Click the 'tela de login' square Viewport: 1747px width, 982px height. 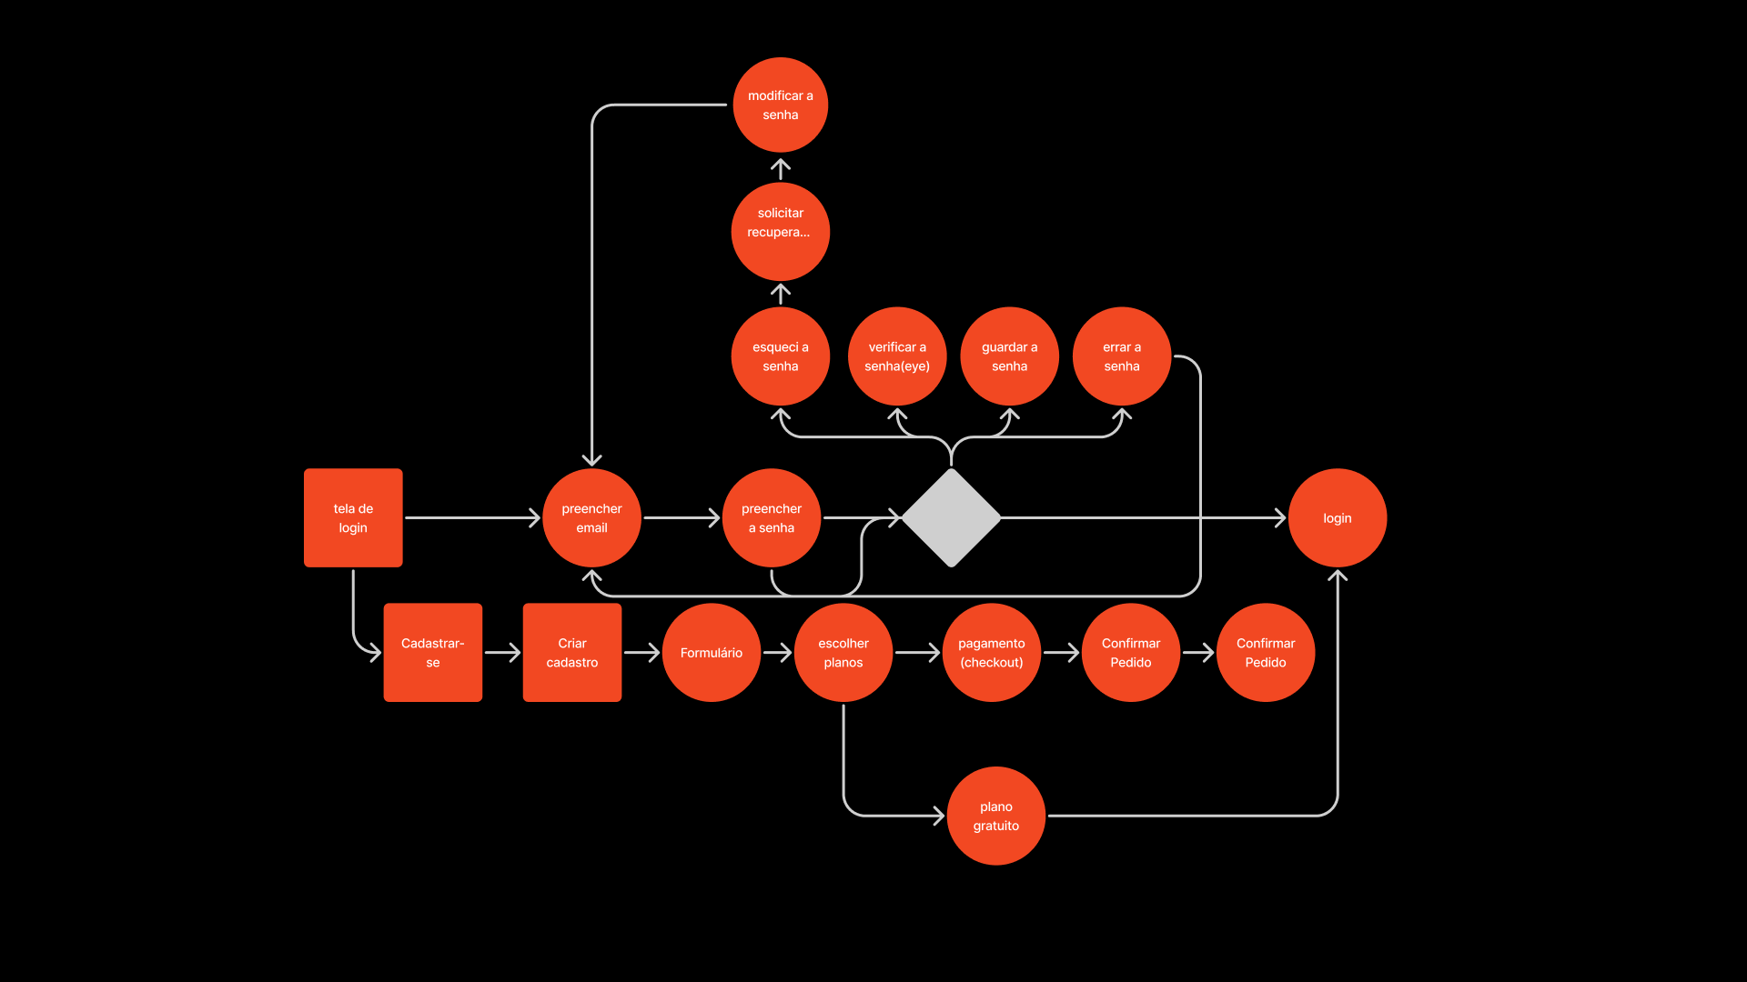point(353,517)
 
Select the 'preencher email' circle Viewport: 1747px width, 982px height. point(591,517)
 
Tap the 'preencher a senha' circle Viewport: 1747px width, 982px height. point(772,517)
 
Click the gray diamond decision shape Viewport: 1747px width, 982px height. point(951,517)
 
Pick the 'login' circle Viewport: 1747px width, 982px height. point(1337,517)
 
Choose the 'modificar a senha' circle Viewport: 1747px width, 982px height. point(780,105)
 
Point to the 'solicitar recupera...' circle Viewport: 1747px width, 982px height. point(780,231)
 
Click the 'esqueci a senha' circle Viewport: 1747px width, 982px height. point(780,356)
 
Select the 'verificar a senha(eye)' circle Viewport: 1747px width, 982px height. point(897,356)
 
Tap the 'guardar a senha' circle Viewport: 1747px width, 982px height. point(1009,356)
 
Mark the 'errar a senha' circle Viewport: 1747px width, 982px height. point(1121,356)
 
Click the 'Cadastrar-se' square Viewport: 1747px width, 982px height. point(432,652)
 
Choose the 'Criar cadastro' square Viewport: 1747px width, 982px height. point(571,652)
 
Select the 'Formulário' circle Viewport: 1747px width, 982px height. point(711,652)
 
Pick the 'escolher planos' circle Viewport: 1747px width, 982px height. point(843,652)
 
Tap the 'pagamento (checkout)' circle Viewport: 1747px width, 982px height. point(991,652)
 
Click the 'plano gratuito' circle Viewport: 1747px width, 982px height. point(995,816)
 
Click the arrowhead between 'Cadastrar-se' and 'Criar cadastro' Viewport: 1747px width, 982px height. point(514,652)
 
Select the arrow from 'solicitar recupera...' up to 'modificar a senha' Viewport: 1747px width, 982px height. point(780,169)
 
